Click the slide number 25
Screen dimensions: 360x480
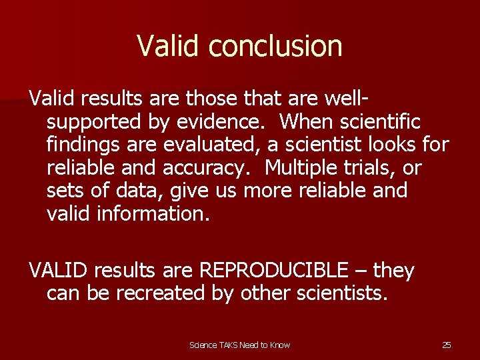click(x=446, y=345)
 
